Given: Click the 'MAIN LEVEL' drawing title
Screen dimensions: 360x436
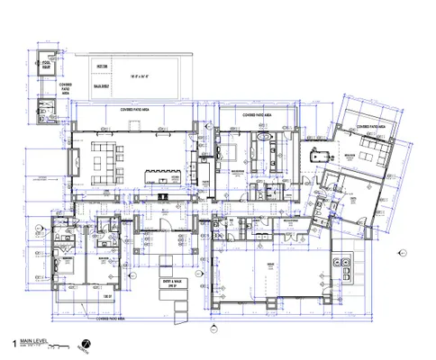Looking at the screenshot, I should tap(32, 341).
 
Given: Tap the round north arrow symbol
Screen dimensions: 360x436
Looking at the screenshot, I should tap(86, 344).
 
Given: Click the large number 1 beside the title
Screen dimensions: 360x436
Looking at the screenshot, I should tap(14, 343).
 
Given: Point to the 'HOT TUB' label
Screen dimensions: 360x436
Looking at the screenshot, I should tap(99, 67).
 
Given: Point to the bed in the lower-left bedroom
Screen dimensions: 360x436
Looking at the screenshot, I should tap(68, 265).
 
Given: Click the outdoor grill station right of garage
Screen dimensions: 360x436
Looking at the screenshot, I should tap(342, 266).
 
